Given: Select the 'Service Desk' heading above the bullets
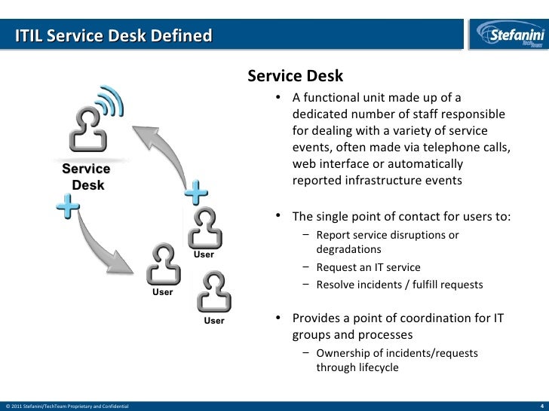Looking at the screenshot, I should [x=295, y=76].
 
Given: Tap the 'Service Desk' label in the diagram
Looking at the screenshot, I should [x=86, y=177].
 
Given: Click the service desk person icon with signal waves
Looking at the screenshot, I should [x=87, y=129].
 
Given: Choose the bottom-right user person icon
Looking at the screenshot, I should [x=214, y=292].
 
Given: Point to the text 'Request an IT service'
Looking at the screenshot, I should [x=368, y=267].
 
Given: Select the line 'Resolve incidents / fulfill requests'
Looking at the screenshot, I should [x=400, y=285].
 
